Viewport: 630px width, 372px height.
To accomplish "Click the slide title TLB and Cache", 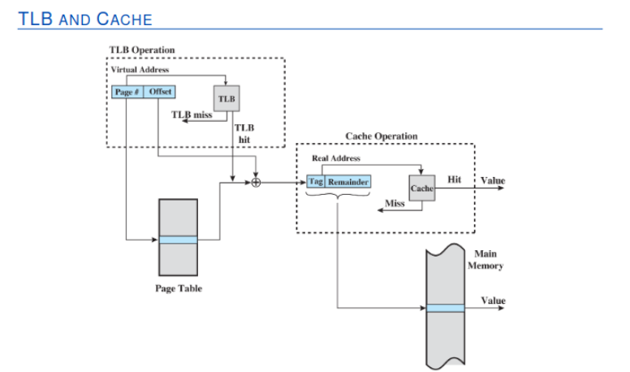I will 84,17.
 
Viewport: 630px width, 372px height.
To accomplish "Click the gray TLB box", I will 227,98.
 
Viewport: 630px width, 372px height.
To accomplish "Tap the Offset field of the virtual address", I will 160,92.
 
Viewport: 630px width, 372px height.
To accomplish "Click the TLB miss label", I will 192,115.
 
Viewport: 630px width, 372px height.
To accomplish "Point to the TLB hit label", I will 244,133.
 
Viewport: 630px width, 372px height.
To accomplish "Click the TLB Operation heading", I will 142,50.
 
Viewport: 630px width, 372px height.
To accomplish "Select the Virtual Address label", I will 140,70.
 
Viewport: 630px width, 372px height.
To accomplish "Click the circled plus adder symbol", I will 257,183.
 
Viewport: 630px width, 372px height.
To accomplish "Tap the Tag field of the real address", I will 317,182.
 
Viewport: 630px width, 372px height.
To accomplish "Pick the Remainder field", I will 348,182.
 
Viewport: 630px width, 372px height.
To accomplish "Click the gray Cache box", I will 421,188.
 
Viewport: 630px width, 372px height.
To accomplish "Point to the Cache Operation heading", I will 382,136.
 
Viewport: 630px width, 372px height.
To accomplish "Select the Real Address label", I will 336,158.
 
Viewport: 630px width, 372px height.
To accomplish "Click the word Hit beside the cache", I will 455,179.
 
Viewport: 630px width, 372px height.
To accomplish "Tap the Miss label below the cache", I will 395,204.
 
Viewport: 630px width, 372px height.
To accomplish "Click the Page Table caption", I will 179,288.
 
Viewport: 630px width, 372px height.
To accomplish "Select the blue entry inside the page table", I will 178,240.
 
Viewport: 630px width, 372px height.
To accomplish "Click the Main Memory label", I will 485,260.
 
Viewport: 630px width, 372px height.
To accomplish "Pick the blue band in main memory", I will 446,308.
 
